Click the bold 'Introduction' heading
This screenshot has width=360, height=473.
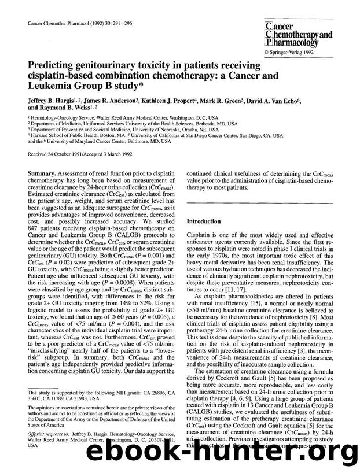point(203,221)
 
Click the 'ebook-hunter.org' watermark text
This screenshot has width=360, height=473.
point(232,457)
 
